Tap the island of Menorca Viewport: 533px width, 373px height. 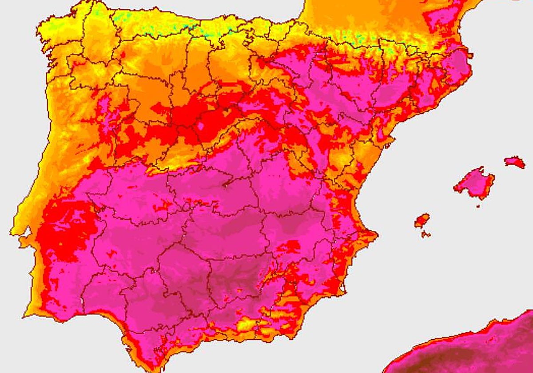coord(515,162)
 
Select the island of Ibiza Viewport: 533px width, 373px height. coord(422,220)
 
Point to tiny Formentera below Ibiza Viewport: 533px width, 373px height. coord(426,234)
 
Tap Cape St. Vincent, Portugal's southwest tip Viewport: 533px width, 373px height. coord(25,316)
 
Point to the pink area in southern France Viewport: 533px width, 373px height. coord(440,18)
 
